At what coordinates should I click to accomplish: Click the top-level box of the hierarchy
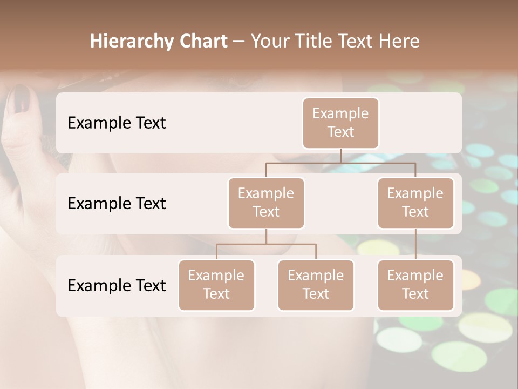pos(340,123)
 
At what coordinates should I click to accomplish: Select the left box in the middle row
pos(266,203)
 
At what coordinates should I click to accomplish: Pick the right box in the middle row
pos(415,203)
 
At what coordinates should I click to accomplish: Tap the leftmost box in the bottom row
pos(216,285)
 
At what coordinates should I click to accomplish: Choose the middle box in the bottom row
pos(316,285)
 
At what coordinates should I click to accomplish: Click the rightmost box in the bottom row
pos(415,285)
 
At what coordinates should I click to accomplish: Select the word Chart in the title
pos(201,42)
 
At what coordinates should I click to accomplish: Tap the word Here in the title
pos(400,42)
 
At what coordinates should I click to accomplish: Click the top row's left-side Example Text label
pos(117,123)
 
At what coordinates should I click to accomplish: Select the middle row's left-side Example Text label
pos(117,204)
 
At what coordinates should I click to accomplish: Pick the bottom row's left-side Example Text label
pos(117,286)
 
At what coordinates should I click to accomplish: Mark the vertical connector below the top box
pos(340,156)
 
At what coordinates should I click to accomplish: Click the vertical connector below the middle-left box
pos(266,236)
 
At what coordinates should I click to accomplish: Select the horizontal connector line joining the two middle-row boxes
pos(340,163)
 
